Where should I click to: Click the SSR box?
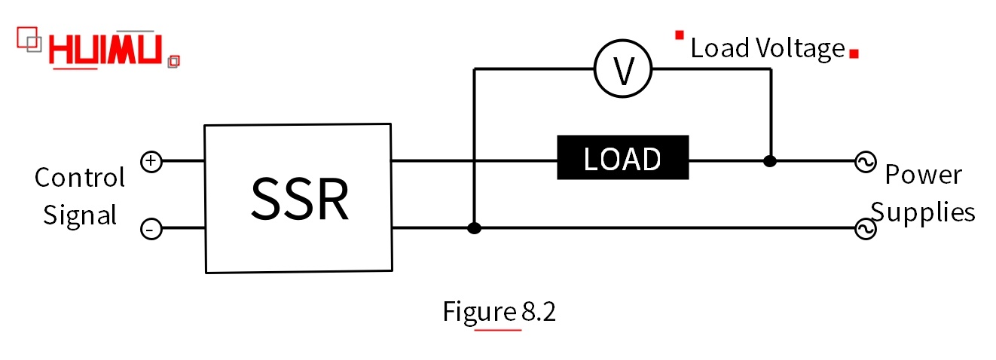coord(298,198)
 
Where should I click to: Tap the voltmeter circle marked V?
coord(622,69)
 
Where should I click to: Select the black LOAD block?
coord(622,158)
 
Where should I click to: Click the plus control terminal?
coord(151,160)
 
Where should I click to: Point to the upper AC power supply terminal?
coord(864,161)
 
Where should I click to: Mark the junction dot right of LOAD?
coord(769,160)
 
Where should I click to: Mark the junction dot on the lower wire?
coord(474,228)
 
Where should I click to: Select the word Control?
coord(79,178)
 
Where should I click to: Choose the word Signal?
coord(80,215)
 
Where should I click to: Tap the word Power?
coord(923,175)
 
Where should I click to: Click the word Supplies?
coord(923,212)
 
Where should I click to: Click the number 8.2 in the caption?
coord(538,311)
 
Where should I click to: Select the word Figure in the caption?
coord(480,311)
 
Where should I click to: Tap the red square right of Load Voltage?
coord(854,53)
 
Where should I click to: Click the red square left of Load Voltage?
coord(680,35)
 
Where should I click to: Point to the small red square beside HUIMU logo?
coord(173,60)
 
